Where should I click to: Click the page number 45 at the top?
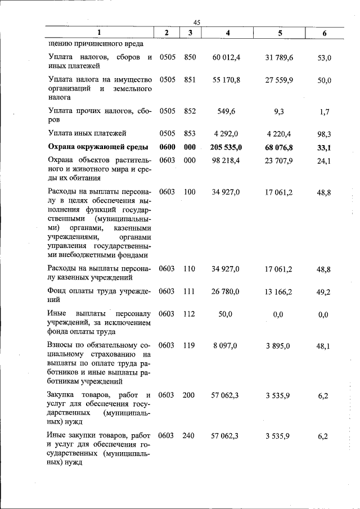[x=197, y=22]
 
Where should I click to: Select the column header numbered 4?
[x=227, y=33]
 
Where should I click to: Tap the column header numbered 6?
[x=324, y=33]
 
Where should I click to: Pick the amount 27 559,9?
[x=279, y=80]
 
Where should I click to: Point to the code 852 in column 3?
[x=190, y=111]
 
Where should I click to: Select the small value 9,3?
[x=279, y=111]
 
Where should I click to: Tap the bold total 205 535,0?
[x=227, y=148]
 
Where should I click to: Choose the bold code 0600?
[x=167, y=148]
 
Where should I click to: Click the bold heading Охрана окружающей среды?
[x=98, y=148]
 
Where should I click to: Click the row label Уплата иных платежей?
[x=87, y=133]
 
